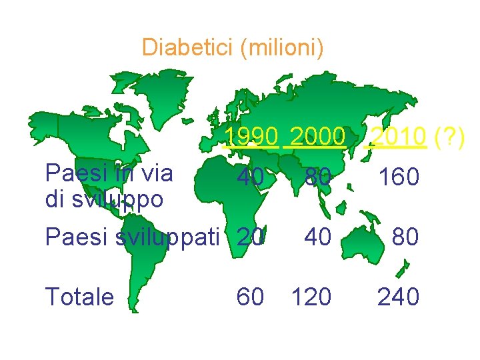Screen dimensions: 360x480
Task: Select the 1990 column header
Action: [251, 137]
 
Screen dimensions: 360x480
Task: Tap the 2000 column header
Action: [317, 137]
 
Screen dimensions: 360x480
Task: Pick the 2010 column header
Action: [398, 137]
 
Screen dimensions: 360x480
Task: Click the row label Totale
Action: [79, 297]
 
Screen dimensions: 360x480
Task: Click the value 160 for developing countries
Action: [398, 178]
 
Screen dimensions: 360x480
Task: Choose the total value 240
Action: [398, 297]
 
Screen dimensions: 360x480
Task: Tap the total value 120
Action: [311, 297]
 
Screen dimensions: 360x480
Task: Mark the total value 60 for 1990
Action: [251, 297]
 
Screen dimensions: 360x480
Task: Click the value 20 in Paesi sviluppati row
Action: [251, 237]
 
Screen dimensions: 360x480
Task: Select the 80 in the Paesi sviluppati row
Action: [405, 237]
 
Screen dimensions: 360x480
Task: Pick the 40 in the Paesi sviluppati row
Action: [317, 237]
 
